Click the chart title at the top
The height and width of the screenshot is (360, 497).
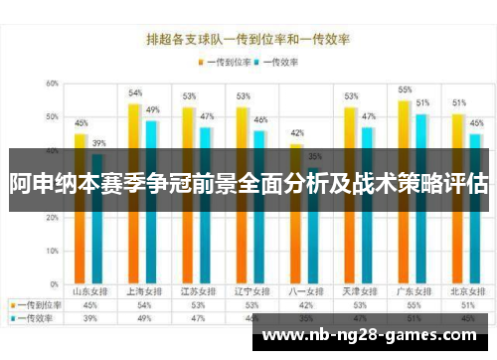(248, 40)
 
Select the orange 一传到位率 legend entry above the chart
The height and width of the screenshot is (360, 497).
(222, 61)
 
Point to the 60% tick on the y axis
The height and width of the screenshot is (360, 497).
(52, 84)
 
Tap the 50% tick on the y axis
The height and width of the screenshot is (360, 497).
(52, 117)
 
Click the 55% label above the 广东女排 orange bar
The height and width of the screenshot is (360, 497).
(405, 90)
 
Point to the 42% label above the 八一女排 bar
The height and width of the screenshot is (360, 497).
(296, 133)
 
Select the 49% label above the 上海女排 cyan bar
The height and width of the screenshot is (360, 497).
(152, 109)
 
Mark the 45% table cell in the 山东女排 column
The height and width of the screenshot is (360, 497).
(89, 305)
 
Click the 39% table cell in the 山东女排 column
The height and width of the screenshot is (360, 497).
(89, 318)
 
